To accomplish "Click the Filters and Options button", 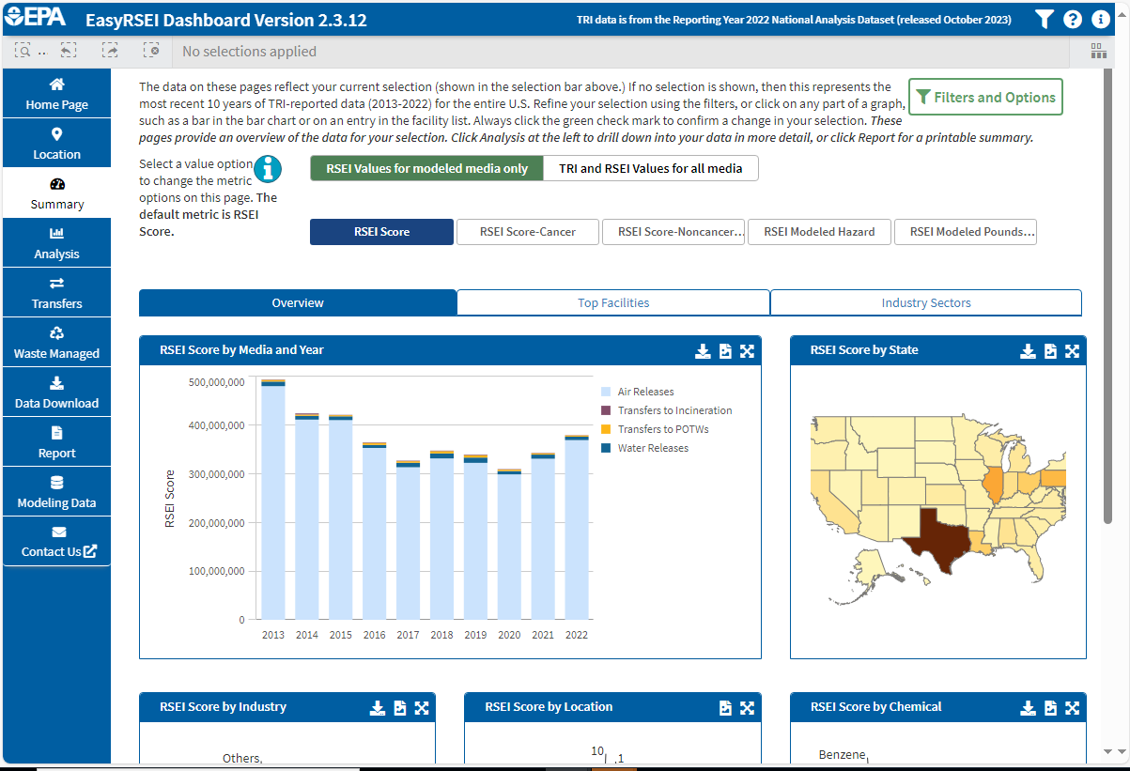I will tap(985, 97).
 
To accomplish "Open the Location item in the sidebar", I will tap(56, 144).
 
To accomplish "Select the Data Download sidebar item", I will tap(56, 393).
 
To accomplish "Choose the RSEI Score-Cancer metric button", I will tap(527, 232).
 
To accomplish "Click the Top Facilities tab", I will tap(613, 302).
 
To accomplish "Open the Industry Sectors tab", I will tap(925, 302).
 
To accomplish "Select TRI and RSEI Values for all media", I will tap(651, 168).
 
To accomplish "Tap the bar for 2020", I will tap(509, 545).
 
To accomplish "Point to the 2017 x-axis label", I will tap(408, 635).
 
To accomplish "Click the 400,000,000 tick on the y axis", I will tap(216, 425).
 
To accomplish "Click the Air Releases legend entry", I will tap(645, 392).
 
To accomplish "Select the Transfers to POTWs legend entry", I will tap(662, 429).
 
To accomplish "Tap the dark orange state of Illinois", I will tap(993, 484).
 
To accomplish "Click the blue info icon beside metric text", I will tap(270, 169).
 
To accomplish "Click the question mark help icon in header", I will tap(1073, 19).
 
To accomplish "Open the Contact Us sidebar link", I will tap(56, 551).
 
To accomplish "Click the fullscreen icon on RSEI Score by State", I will tap(1072, 350).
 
